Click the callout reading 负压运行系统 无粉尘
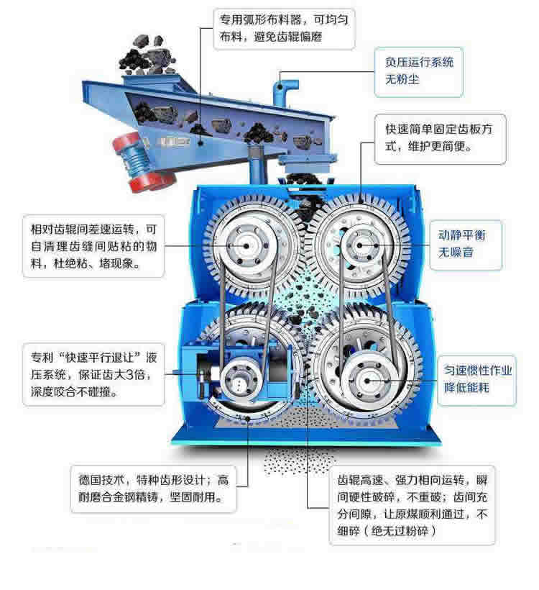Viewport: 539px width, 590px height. pyautogui.click(x=418, y=72)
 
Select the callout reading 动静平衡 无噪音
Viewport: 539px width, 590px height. pyautogui.click(x=466, y=245)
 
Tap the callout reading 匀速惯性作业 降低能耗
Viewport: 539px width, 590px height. pyautogui.click(x=476, y=380)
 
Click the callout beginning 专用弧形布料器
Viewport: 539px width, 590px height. pyautogui.click(x=284, y=29)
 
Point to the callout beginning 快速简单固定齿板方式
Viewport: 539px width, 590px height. pyautogui.click(x=440, y=139)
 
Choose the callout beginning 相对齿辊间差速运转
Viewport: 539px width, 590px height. pyautogui.click(x=93, y=246)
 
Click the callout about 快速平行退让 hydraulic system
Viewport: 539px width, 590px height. pyautogui.click(x=93, y=374)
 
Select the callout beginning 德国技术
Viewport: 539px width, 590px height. pyautogui.click(x=153, y=489)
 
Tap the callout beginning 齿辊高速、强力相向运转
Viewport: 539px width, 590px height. pyautogui.click(x=412, y=505)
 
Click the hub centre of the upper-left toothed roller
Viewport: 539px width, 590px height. pyautogui.click(x=247, y=246)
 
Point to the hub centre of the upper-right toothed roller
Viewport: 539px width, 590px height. pyautogui.click(x=360, y=245)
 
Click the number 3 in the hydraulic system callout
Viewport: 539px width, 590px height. pyautogui.click(x=129, y=375)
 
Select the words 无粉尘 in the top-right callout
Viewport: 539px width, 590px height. pyautogui.click(x=402, y=79)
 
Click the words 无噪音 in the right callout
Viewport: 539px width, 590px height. pyautogui.click(x=456, y=252)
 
